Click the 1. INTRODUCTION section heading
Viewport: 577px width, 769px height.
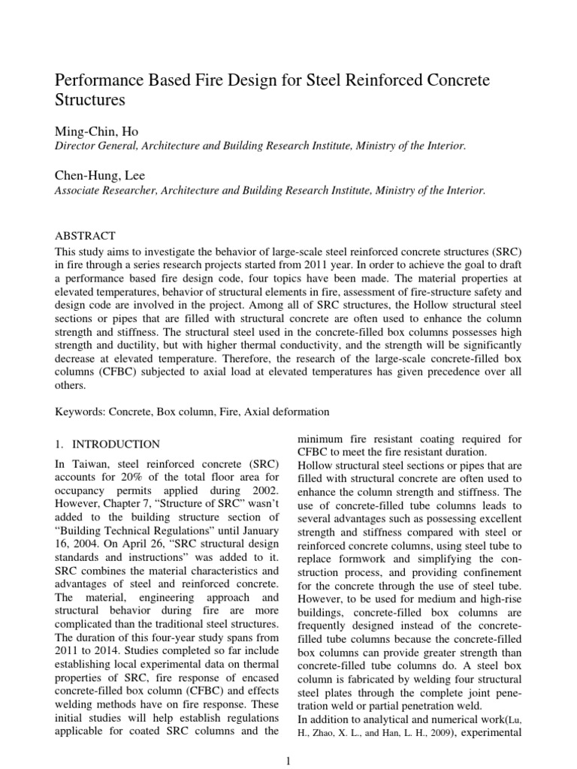click(108, 445)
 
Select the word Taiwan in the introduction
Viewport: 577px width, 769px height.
click(85, 466)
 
